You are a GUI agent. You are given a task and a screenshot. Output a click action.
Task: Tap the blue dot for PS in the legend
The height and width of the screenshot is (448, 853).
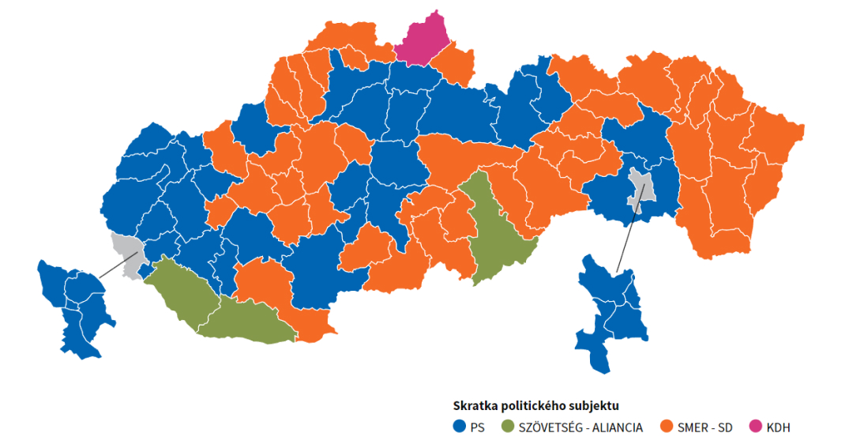[x=458, y=427]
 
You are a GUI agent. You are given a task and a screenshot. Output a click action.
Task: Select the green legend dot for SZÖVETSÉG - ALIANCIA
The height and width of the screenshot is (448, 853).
[x=508, y=427]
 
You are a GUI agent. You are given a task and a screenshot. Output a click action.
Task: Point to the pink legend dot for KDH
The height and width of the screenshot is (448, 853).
[x=757, y=427]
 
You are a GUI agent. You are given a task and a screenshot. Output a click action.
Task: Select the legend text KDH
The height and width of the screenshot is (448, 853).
[x=778, y=427]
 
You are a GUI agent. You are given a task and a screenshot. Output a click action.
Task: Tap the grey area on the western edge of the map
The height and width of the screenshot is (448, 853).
[x=125, y=246]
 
